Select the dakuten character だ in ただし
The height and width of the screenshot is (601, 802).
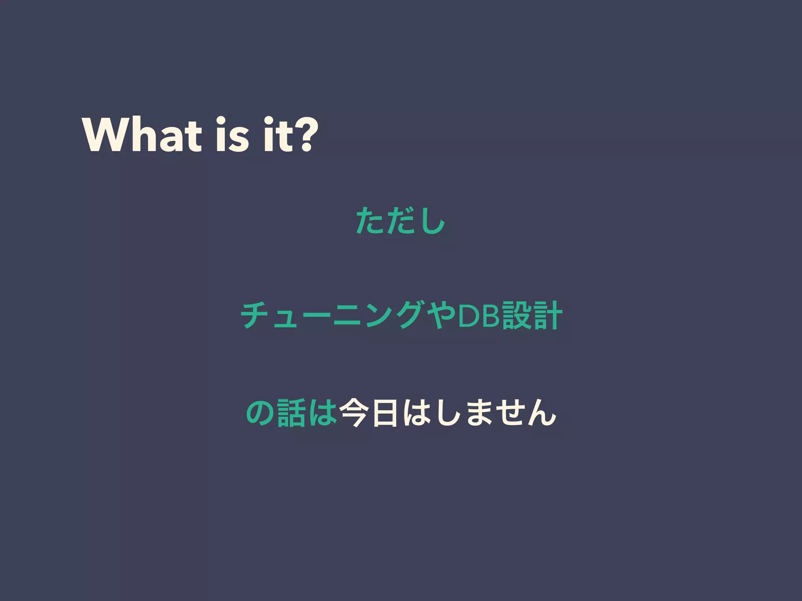[x=399, y=221]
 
